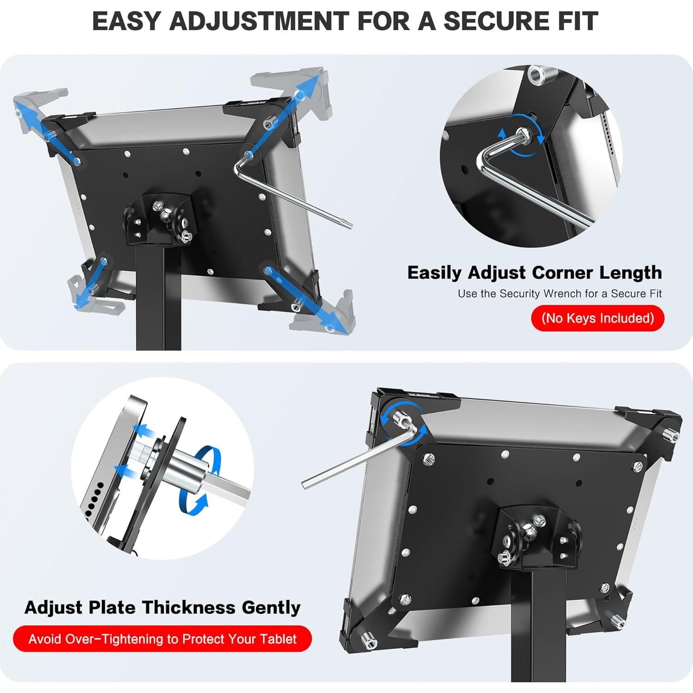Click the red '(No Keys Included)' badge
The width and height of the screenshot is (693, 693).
(x=597, y=318)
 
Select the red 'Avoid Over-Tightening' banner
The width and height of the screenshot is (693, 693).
(x=162, y=639)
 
